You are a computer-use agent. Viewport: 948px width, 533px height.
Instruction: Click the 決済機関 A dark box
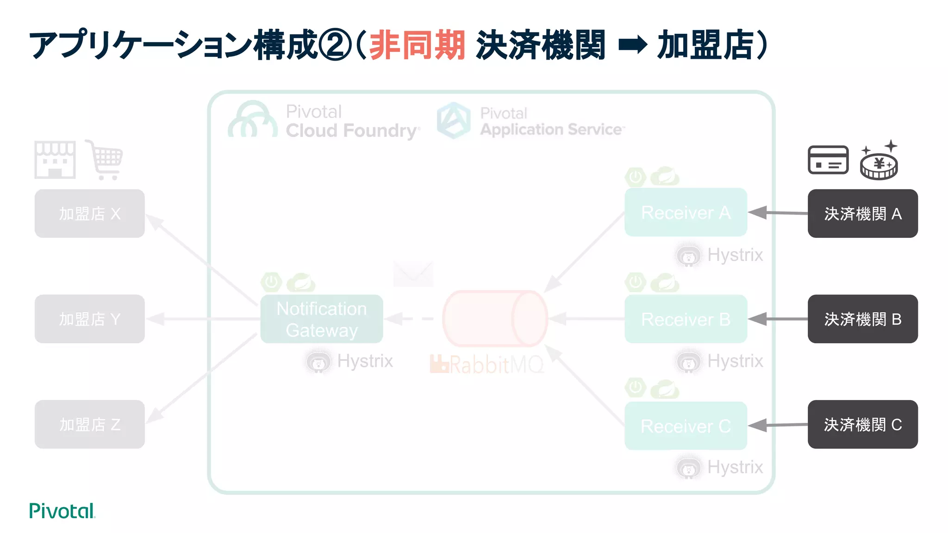[x=862, y=213]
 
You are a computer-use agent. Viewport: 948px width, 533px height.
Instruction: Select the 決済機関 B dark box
[x=862, y=319]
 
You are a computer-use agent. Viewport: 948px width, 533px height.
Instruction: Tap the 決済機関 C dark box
[x=862, y=424]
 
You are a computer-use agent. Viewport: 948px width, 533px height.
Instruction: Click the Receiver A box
[x=686, y=212]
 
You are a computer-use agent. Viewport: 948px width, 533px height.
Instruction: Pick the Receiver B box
[x=686, y=319]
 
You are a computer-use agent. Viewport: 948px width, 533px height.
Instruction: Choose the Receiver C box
[x=686, y=426]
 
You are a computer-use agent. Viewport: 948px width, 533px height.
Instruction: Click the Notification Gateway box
[x=321, y=319]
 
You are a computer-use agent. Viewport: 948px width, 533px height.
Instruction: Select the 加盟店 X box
[x=89, y=213]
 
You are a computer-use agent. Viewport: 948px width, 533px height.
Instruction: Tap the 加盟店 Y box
[x=89, y=319]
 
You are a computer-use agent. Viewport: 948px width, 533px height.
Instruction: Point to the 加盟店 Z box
[x=89, y=424]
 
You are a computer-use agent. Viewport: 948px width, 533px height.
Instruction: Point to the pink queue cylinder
[x=494, y=318]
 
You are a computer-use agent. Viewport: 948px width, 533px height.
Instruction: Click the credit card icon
[x=828, y=160]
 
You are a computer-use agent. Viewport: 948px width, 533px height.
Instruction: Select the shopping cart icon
[x=106, y=160]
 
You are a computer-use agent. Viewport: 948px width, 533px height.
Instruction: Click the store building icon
[x=55, y=160]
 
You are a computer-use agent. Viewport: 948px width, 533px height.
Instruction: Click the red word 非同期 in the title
[x=417, y=45]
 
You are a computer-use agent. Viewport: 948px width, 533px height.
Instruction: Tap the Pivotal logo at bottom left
[x=62, y=511]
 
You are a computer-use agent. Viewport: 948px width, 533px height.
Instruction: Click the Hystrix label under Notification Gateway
[x=364, y=361]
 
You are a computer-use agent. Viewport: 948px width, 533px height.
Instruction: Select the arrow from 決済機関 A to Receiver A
[x=778, y=213]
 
